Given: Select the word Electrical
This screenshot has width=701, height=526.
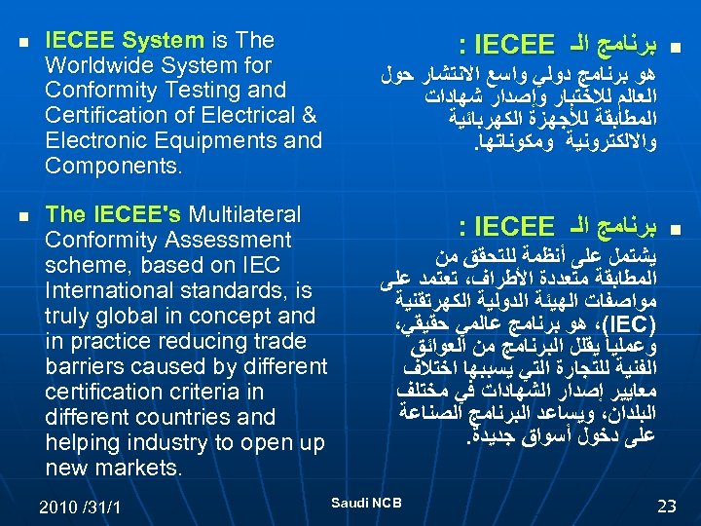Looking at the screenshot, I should click(x=247, y=116).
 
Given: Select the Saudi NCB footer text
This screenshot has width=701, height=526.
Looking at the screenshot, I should click(x=367, y=502).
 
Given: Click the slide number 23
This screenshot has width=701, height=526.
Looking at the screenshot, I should click(x=667, y=506).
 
